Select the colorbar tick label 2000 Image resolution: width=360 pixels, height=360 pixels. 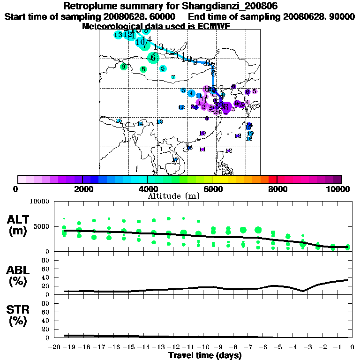[82, 189]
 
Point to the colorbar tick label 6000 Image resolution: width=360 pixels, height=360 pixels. [212, 189]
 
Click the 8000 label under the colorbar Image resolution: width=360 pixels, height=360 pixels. [277, 189]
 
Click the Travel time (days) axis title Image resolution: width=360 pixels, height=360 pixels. [205, 355]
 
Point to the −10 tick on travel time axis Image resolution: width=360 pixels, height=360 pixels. [204, 347]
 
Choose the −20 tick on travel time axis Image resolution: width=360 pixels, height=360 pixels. [55, 347]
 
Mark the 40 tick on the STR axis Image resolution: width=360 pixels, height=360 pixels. [46, 320]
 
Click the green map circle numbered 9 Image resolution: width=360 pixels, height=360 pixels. [124, 67]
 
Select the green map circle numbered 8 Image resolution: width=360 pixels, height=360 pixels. [143, 69]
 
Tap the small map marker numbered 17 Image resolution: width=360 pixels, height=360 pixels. [175, 160]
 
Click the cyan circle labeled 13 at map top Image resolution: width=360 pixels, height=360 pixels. [118, 35]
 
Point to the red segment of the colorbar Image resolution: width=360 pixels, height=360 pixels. [272, 179]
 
